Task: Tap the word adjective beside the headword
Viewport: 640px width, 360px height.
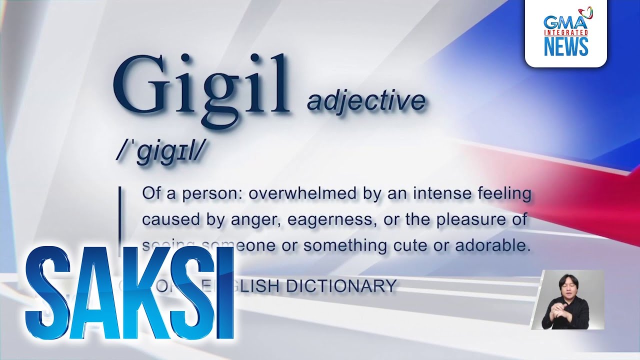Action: [366, 100]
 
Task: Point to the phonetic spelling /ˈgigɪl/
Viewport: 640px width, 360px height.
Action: [160, 148]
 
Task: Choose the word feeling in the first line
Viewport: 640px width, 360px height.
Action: [504, 194]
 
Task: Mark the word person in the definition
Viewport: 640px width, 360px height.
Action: [212, 194]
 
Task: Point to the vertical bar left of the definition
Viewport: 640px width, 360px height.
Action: [119, 215]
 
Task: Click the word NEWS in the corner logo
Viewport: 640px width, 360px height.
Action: [565, 46]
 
